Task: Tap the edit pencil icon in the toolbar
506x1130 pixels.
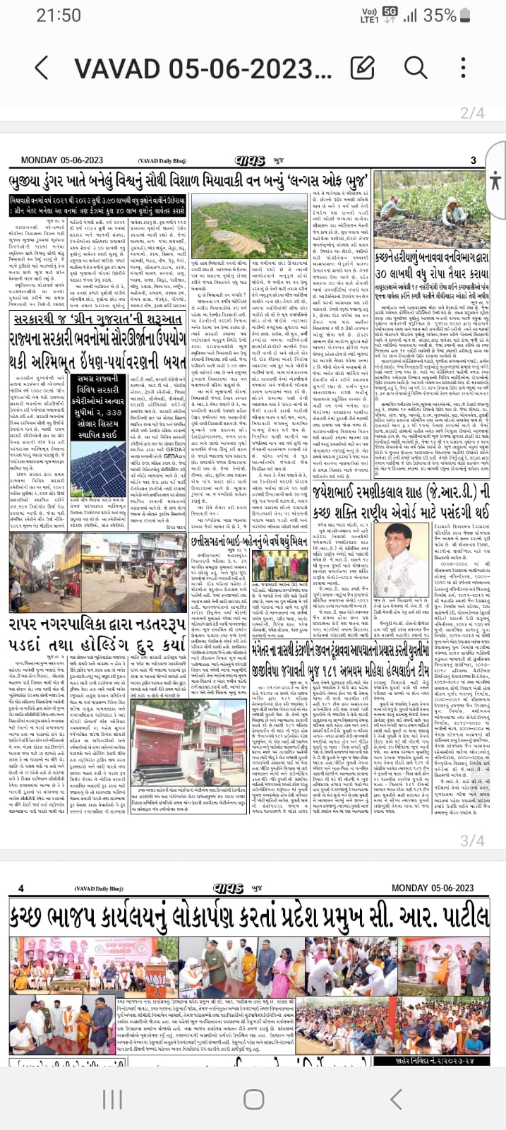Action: (362, 68)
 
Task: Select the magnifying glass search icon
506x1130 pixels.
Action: (416, 68)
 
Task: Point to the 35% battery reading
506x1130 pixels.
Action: (440, 15)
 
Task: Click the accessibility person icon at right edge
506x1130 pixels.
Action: (494, 179)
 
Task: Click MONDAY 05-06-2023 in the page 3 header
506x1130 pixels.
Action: (62, 160)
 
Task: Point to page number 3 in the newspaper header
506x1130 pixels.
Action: (474, 160)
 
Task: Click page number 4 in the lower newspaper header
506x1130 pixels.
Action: (20, 888)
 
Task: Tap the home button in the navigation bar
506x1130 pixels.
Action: (253, 1099)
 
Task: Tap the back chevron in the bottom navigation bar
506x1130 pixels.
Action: (396, 1099)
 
